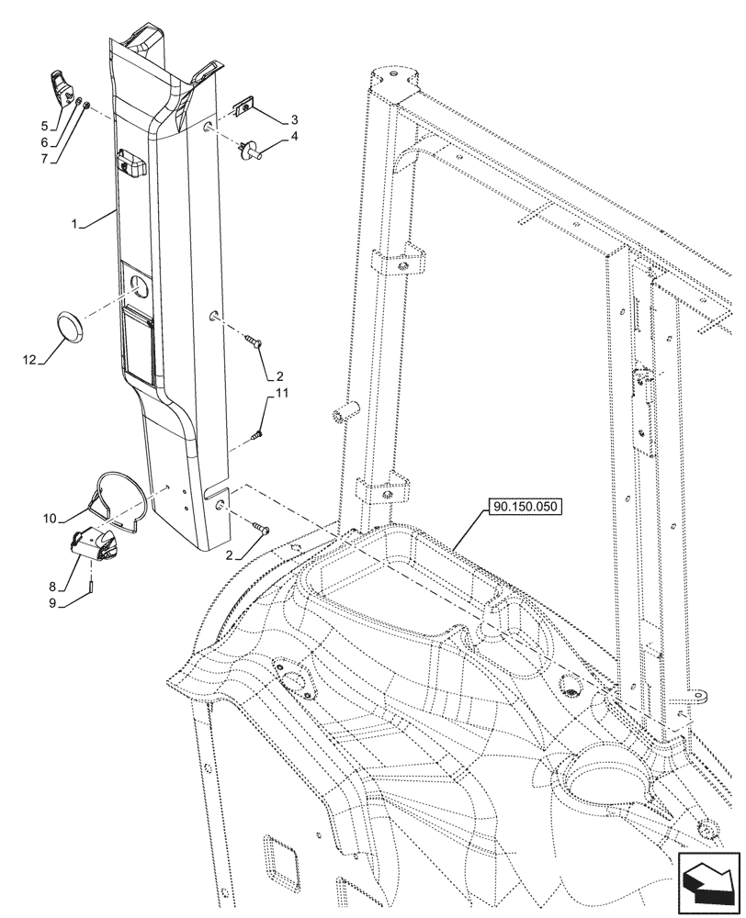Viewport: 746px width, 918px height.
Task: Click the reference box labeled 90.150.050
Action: point(526,506)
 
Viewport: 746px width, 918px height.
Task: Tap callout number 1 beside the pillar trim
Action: point(74,224)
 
